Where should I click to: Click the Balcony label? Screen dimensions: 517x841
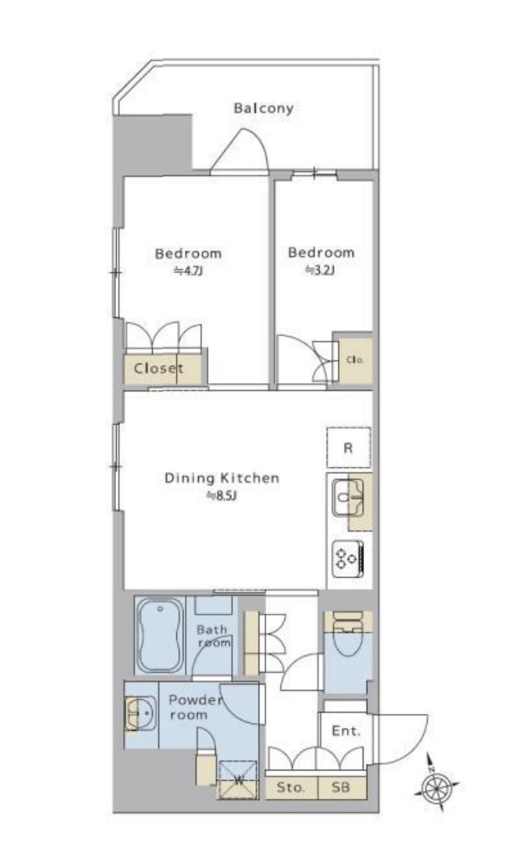click(x=263, y=108)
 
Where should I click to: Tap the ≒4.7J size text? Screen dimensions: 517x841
click(x=188, y=271)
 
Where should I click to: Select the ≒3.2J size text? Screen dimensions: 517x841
click(x=320, y=270)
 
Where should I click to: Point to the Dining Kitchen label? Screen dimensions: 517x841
click(x=222, y=478)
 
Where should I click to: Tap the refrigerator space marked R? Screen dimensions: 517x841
click(x=349, y=447)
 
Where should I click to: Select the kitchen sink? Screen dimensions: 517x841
click(x=348, y=498)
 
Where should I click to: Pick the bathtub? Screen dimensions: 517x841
click(x=159, y=636)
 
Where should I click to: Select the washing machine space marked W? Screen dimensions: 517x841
click(x=238, y=780)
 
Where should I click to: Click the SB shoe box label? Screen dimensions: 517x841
click(x=341, y=788)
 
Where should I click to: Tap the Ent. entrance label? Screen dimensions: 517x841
click(x=346, y=731)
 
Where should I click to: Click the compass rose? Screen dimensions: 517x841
click(x=437, y=785)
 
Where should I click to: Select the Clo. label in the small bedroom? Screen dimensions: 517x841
click(x=356, y=360)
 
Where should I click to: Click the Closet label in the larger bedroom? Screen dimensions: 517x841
click(x=159, y=369)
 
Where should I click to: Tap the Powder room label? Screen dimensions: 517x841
click(x=196, y=707)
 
